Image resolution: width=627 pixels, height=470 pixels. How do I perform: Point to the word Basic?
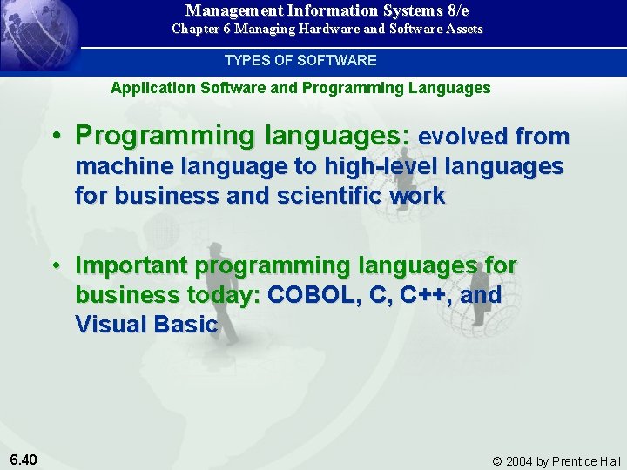coord(185,325)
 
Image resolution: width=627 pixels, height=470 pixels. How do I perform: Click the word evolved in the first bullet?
coord(462,137)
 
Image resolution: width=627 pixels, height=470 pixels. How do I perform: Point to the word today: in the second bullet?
coord(224,296)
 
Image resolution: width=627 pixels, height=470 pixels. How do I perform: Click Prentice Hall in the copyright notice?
coord(586,460)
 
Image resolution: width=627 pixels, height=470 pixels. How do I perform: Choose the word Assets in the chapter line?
coord(462,29)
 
